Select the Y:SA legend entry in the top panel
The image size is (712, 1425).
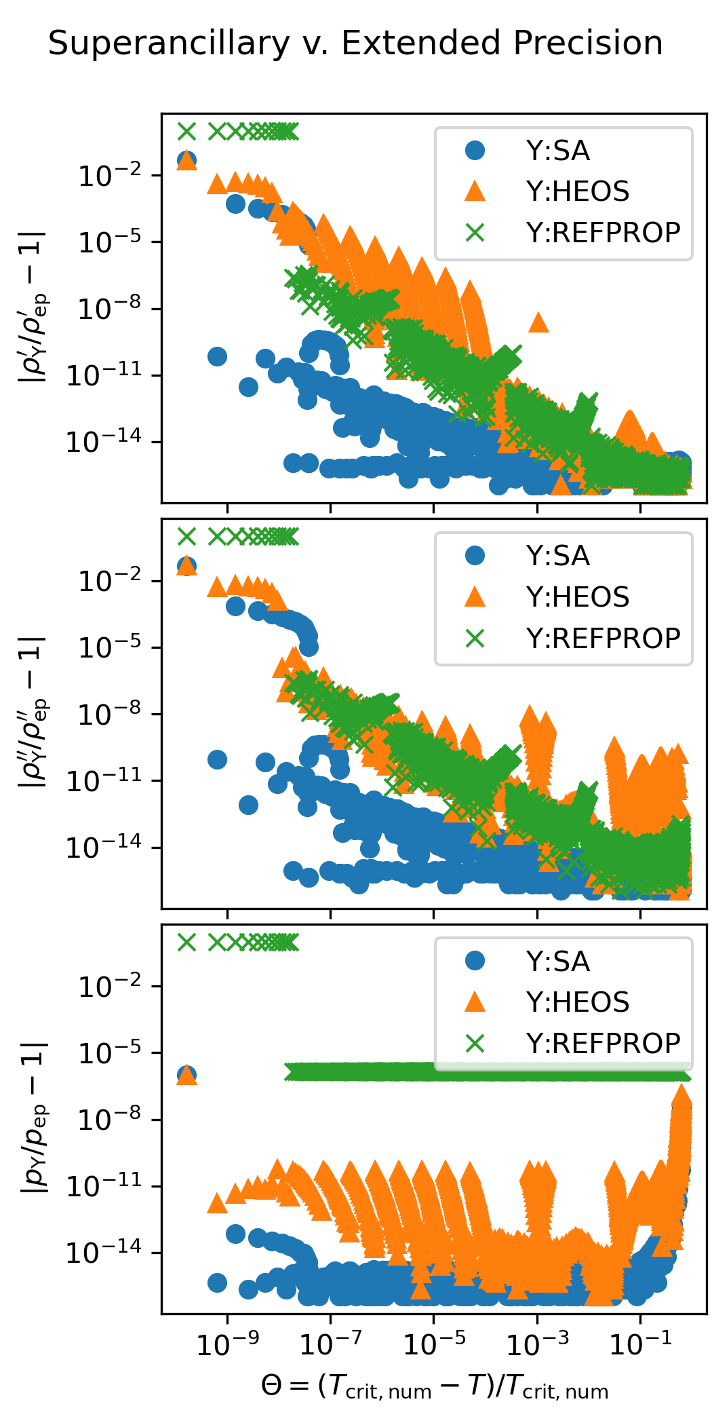point(557,151)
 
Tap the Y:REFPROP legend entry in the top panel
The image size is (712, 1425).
point(603,233)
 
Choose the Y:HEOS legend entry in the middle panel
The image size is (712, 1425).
point(577,597)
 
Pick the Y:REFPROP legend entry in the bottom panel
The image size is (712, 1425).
point(603,1044)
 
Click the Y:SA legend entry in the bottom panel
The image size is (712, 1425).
point(557,962)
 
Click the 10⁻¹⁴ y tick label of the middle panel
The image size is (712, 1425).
point(104,848)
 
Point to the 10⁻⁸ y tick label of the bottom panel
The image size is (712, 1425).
point(111,1120)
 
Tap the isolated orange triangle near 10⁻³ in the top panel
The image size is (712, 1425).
point(538,322)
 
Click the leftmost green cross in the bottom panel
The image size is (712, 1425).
point(186,943)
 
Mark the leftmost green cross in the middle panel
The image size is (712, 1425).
point(186,537)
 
